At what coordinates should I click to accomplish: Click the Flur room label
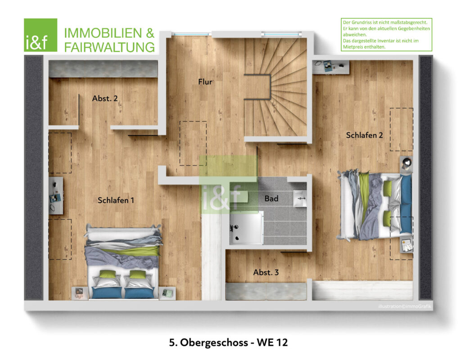pos(205,82)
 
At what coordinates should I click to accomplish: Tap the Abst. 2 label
pos(105,99)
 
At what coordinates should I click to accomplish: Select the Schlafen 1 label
pos(116,200)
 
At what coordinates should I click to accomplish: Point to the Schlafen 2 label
pos(364,135)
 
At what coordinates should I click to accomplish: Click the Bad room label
pos(271,198)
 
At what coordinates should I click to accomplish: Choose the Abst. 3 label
pos(266,272)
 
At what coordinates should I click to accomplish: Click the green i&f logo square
pos(41,35)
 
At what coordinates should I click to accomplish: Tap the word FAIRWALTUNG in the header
pos(109,47)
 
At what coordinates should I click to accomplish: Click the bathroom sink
pos(300,198)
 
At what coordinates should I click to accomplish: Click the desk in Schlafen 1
pos(56,195)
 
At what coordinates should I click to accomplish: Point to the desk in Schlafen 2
pos(331,67)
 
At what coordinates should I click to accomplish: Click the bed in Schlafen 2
pos(375,205)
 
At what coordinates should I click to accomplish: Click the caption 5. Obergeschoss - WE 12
pos(228,342)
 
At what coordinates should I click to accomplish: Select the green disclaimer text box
pos(386,34)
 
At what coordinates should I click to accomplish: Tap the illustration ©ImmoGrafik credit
pos(405,306)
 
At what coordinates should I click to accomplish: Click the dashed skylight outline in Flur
pos(193,144)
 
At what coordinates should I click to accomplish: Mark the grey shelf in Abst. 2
pos(103,69)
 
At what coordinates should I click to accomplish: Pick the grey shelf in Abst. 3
pos(266,292)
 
